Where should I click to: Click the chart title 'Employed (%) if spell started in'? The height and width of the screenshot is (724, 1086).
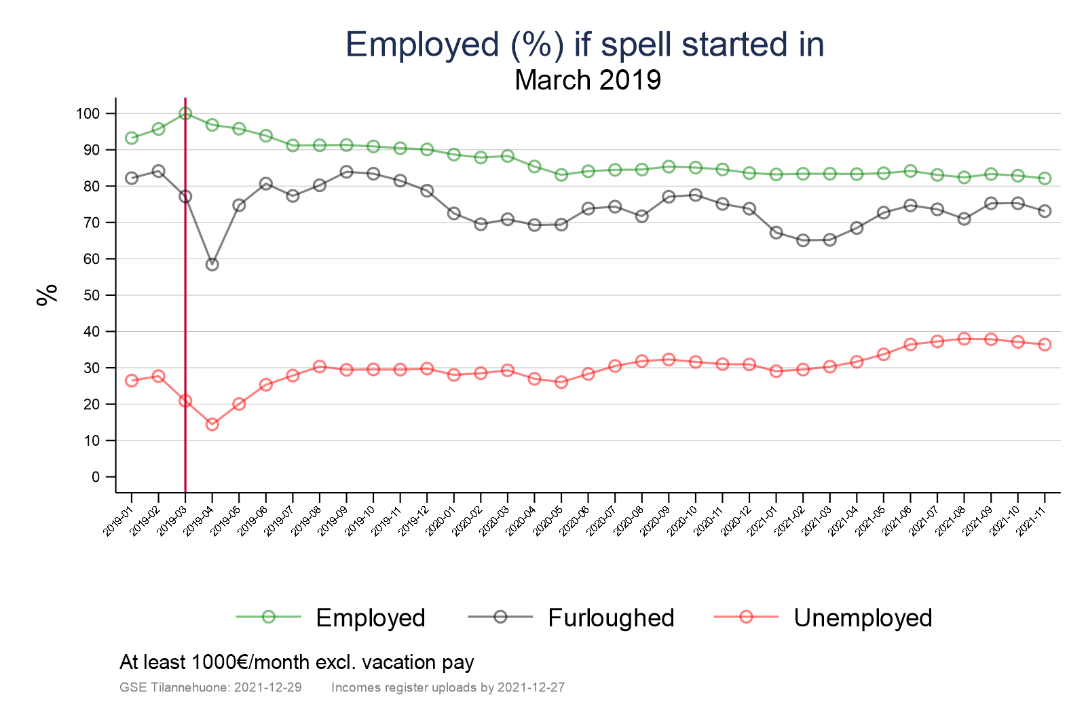point(584,45)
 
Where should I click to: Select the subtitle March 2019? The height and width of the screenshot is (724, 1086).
point(588,80)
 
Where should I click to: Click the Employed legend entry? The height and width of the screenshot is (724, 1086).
point(370,617)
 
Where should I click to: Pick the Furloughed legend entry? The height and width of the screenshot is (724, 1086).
point(610,617)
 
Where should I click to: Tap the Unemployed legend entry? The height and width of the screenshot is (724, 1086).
point(862,617)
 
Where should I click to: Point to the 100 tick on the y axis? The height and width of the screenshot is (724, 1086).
point(88,113)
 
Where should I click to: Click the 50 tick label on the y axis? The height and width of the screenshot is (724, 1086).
point(92,295)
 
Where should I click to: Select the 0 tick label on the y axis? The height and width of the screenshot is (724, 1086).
point(96,477)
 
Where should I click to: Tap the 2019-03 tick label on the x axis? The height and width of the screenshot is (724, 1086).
point(172,521)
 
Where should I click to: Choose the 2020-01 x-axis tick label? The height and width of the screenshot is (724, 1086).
point(441,521)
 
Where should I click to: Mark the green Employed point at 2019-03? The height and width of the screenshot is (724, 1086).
point(185,113)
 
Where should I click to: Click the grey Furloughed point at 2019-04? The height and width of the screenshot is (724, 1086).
point(212,265)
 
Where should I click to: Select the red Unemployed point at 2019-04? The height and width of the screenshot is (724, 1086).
point(212,424)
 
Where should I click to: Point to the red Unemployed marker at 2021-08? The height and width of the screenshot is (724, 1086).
point(964,339)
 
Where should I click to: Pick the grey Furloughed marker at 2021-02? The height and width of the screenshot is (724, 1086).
point(803,240)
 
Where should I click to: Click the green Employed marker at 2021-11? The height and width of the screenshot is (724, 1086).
point(1045,178)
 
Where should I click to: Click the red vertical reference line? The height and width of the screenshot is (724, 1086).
point(185,305)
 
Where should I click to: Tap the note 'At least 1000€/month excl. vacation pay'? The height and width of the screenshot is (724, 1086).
point(297,662)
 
